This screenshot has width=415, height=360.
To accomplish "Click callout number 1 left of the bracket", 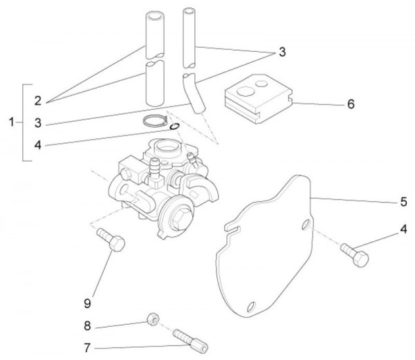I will pyautogui.click(x=11, y=122).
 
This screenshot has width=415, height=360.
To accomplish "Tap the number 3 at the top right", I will pyautogui.click(x=282, y=52).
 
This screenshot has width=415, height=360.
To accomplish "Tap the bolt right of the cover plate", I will pyautogui.click(x=355, y=254).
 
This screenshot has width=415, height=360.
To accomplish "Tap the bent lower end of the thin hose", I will pyautogui.click(x=196, y=95).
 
